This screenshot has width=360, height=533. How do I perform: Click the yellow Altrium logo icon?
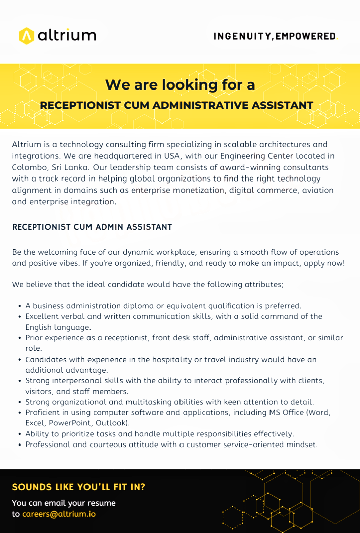(x=26, y=36)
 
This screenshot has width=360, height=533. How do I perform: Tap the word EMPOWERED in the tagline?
(x=305, y=36)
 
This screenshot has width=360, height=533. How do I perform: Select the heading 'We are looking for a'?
(x=180, y=84)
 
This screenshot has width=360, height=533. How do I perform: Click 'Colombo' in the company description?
(x=28, y=167)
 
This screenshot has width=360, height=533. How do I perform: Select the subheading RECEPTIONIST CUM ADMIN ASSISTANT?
(x=92, y=227)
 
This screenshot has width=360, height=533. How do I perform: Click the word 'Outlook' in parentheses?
(x=113, y=423)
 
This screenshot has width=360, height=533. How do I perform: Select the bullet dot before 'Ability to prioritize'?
(x=19, y=434)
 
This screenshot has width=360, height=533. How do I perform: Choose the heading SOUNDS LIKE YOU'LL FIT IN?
(x=78, y=487)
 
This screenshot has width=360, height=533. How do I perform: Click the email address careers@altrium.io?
(x=59, y=514)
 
